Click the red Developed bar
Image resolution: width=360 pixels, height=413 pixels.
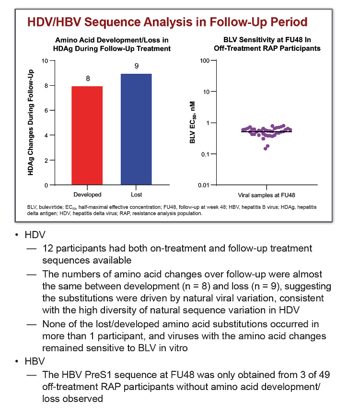pyautogui.click(x=87, y=136)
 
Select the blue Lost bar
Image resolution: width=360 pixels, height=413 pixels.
pyautogui.click(x=136, y=129)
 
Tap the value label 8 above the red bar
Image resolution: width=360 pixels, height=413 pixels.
pyautogui.click(x=88, y=79)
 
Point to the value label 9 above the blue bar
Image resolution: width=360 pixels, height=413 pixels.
pyautogui.click(x=137, y=66)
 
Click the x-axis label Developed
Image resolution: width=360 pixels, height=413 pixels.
pyautogui.click(x=87, y=195)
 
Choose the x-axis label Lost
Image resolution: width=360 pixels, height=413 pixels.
pyautogui.click(x=136, y=195)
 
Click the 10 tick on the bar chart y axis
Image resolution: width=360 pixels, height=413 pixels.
pyautogui.click(x=45, y=61)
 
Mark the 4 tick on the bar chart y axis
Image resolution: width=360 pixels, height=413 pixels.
pyautogui.click(x=46, y=136)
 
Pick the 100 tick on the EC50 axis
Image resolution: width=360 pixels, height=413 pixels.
pyautogui.click(x=205, y=60)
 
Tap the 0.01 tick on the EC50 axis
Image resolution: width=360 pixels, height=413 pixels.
pyautogui.click(x=203, y=185)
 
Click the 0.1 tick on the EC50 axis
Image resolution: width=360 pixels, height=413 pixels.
pyautogui.click(x=205, y=154)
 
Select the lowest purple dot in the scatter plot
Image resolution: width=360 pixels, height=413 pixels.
pyautogui.click(x=266, y=149)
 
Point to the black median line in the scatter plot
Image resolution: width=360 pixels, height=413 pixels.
pyautogui.click(x=267, y=131)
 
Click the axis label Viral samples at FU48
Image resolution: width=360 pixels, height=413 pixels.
pyautogui.click(x=267, y=195)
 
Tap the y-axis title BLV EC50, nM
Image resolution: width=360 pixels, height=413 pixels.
pyautogui.click(x=193, y=122)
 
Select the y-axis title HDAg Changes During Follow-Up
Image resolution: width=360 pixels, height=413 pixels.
pyautogui.click(x=31, y=123)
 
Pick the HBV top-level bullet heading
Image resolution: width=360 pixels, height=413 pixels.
pyautogui.click(x=35, y=361)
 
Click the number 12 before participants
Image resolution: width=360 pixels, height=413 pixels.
pyautogui.click(x=48, y=248)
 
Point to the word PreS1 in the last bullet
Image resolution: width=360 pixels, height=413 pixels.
pyautogui.click(x=100, y=375)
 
